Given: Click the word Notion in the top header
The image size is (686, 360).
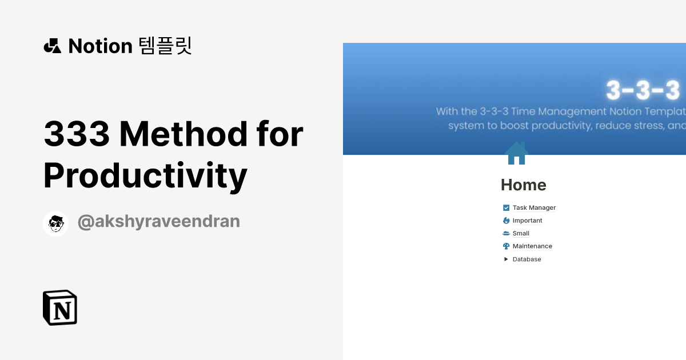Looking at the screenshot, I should [x=100, y=46].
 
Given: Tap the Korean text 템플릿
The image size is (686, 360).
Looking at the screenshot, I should [x=165, y=46].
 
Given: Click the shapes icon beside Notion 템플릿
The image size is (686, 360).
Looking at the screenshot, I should [x=52, y=46].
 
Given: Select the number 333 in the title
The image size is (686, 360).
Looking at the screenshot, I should [x=77, y=134].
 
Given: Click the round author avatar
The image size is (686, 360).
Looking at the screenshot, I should [x=55, y=223].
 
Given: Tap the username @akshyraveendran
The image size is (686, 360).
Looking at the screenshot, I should [x=158, y=222].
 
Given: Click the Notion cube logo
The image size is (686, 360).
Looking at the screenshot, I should [x=60, y=307].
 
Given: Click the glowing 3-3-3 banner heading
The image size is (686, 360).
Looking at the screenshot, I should [x=643, y=90].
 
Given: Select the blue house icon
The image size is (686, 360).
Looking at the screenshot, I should [x=516, y=153].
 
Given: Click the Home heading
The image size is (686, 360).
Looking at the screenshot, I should [x=523, y=185].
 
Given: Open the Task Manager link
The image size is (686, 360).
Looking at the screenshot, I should [x=534, y=208].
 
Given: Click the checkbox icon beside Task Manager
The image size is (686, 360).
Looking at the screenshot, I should [x=506, y=208].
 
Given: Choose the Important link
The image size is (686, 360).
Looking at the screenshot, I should [x=527, y=221].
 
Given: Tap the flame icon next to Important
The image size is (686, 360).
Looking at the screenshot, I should [x=506, y=221].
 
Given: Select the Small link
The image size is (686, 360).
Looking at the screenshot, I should [x=521, y=233].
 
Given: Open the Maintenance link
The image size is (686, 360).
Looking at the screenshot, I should [x=532, y=246].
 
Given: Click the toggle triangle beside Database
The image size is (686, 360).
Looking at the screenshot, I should [x=506, y=259].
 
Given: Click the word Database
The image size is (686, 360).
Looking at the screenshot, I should [x=527, y=259].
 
